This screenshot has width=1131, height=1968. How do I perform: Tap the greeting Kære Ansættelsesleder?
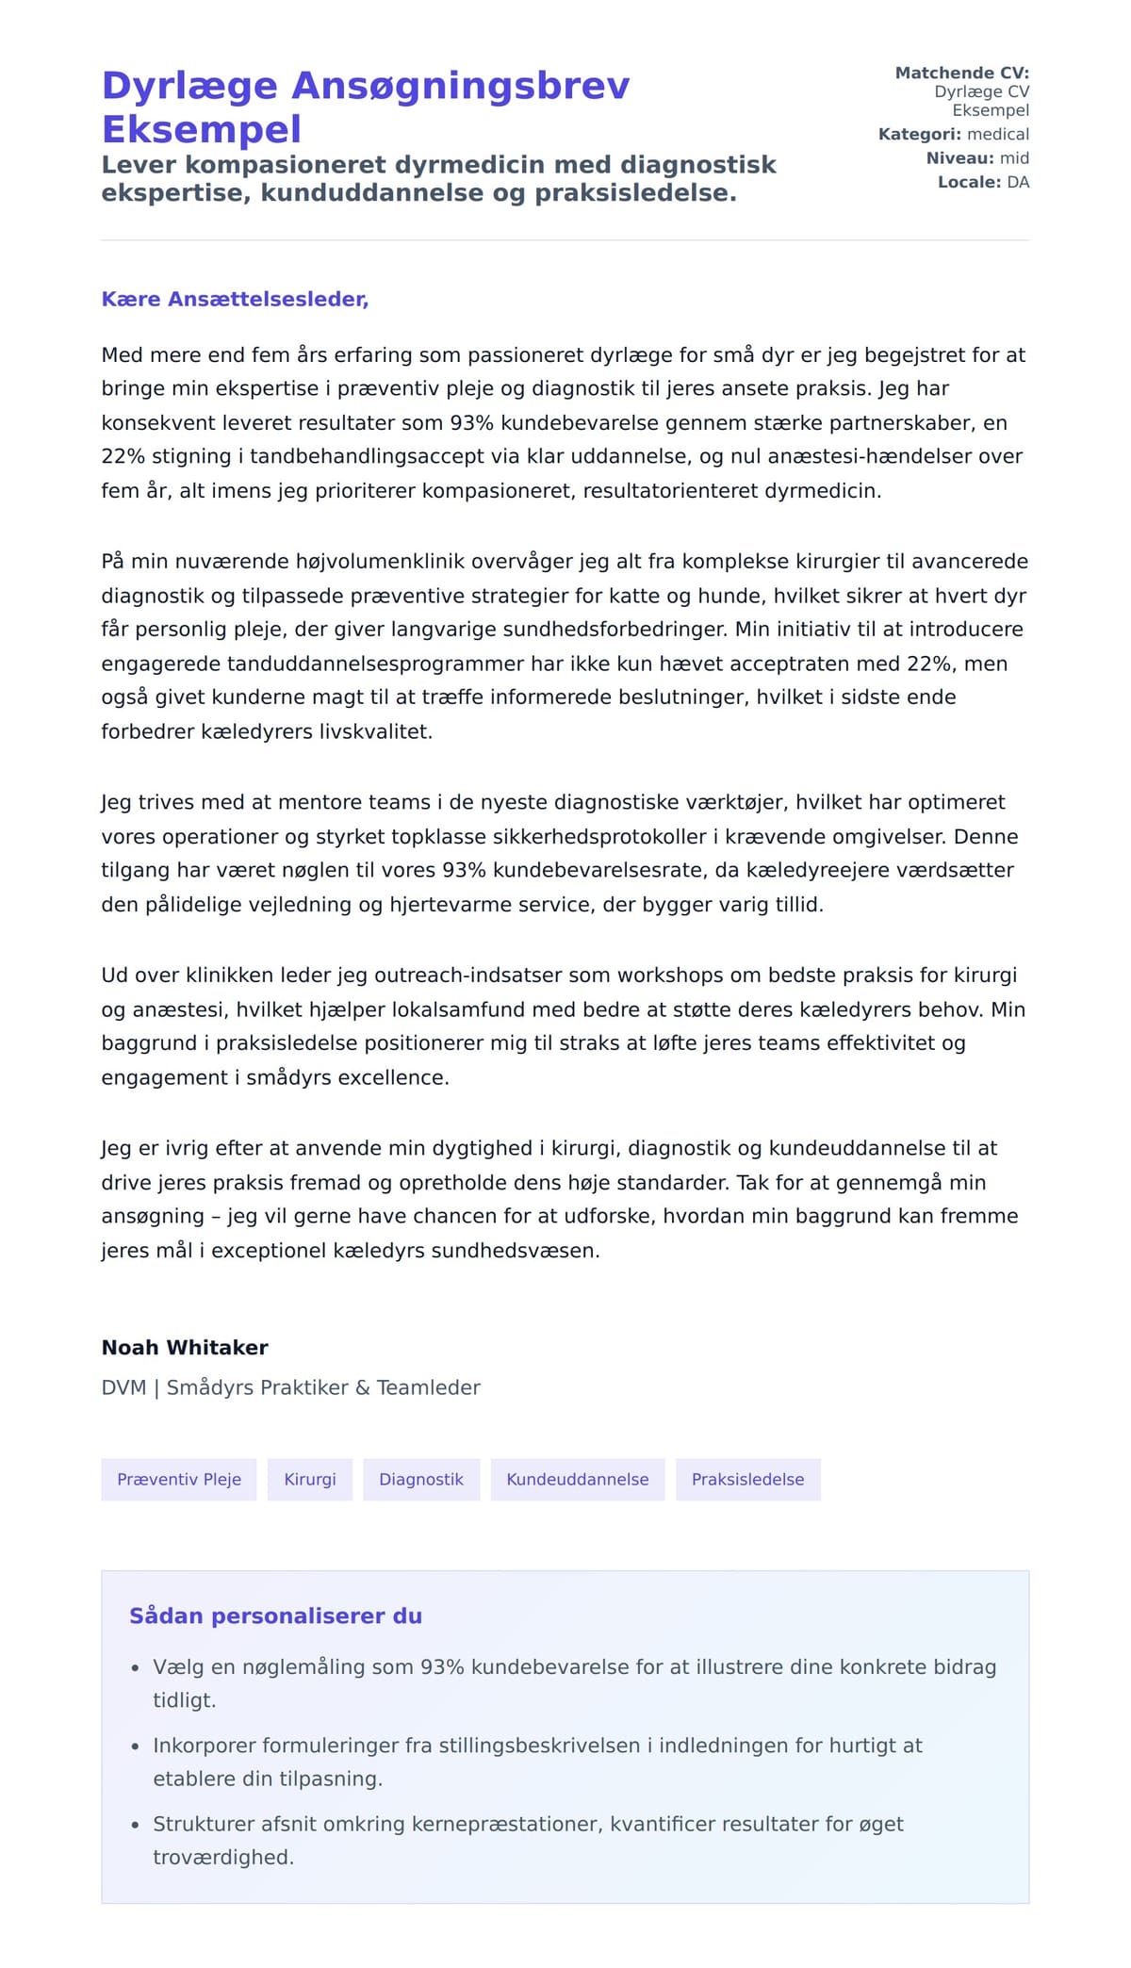pos(235,299)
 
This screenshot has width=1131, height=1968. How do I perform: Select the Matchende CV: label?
pos(961,73)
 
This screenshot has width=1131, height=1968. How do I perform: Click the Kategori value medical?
pos(998,134)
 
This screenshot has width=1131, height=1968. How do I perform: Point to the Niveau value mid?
pos(1014,157)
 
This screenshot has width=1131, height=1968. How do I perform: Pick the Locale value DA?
pos(1018,182)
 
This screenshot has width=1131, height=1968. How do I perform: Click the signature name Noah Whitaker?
pos(185,1347)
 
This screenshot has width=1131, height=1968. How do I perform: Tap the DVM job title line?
pos(290,1387)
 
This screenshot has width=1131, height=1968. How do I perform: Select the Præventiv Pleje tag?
pos(179,1479)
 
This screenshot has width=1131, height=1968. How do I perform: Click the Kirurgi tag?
pos(310,1479)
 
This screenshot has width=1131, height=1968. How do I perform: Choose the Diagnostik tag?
pos(421,1479)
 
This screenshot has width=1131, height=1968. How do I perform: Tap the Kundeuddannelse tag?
pos(578,1479)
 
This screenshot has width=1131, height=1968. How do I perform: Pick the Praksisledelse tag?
pos(747,1479)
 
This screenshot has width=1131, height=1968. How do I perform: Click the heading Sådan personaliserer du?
pos(275,1615)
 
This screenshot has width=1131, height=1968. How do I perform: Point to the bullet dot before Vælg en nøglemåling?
pos(136,1668)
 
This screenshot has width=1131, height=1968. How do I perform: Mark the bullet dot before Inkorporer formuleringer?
pos(136,1747)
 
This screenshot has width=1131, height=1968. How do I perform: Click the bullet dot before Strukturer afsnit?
pos(136,1826)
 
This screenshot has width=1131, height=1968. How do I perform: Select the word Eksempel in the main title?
pos(202,129)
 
